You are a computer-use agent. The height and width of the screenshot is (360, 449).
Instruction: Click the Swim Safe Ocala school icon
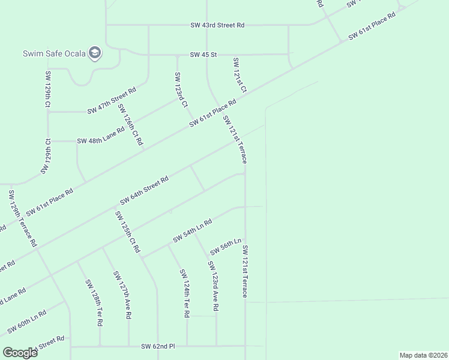94,53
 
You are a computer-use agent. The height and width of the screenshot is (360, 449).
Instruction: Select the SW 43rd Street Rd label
217,25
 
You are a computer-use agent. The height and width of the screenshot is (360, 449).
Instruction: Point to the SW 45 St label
203,55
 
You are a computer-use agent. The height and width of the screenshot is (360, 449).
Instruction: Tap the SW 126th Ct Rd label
130,125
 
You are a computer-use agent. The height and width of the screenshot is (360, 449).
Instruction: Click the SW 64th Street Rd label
144,190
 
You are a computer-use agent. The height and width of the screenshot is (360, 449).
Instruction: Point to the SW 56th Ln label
225,246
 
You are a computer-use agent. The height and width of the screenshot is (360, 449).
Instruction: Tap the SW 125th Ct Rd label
127,232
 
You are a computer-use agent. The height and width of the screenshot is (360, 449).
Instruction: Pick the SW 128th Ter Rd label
94,302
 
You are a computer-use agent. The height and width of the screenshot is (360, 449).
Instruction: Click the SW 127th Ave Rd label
122,295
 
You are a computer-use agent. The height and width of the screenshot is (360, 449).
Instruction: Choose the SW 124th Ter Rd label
185,293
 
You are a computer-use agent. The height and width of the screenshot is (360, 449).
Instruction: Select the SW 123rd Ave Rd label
213,286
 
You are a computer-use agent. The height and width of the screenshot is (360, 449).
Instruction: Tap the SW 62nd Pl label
157,346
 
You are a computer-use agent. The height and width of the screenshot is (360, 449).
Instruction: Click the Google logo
20,352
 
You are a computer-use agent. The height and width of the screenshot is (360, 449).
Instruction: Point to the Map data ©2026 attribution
423,355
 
